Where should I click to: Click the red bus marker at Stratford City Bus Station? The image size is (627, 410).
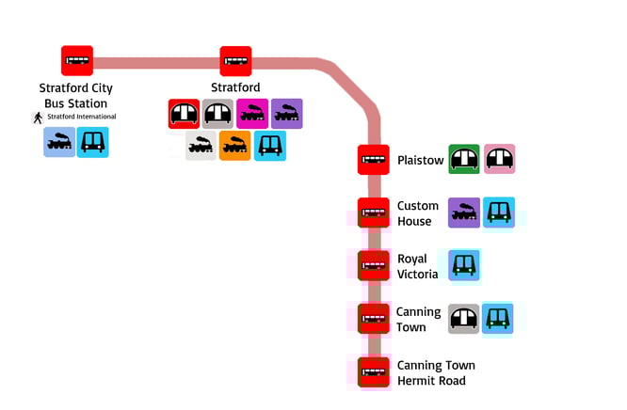(77, 61)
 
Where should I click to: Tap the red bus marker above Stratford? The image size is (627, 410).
(236, 61)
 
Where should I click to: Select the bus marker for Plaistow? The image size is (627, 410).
(374, 160)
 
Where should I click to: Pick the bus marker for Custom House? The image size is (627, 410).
(374, 213)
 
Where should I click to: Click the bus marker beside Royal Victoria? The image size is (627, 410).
(374, 266)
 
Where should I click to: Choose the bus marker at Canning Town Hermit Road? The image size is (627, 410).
(374, 372)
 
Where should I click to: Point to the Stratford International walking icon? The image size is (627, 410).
(38, 118)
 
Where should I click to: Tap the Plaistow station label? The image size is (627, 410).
(420, 161)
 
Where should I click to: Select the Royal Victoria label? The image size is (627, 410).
(418, 266)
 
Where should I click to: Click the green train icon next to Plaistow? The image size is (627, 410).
(464, 160)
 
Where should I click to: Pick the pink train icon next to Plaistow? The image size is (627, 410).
(500, 160)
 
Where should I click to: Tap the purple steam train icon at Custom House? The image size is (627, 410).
(464, 213)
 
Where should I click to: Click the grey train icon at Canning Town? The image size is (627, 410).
(464, 320)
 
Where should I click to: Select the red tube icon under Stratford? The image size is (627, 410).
(184, 114)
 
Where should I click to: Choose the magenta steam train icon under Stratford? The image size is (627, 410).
(252, 114)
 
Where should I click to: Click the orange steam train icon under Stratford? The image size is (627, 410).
(234, 146)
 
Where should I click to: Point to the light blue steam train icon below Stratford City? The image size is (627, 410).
(59, 142)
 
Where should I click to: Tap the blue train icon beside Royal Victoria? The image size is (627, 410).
(464, 266)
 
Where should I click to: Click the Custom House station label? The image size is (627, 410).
(418, 213)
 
